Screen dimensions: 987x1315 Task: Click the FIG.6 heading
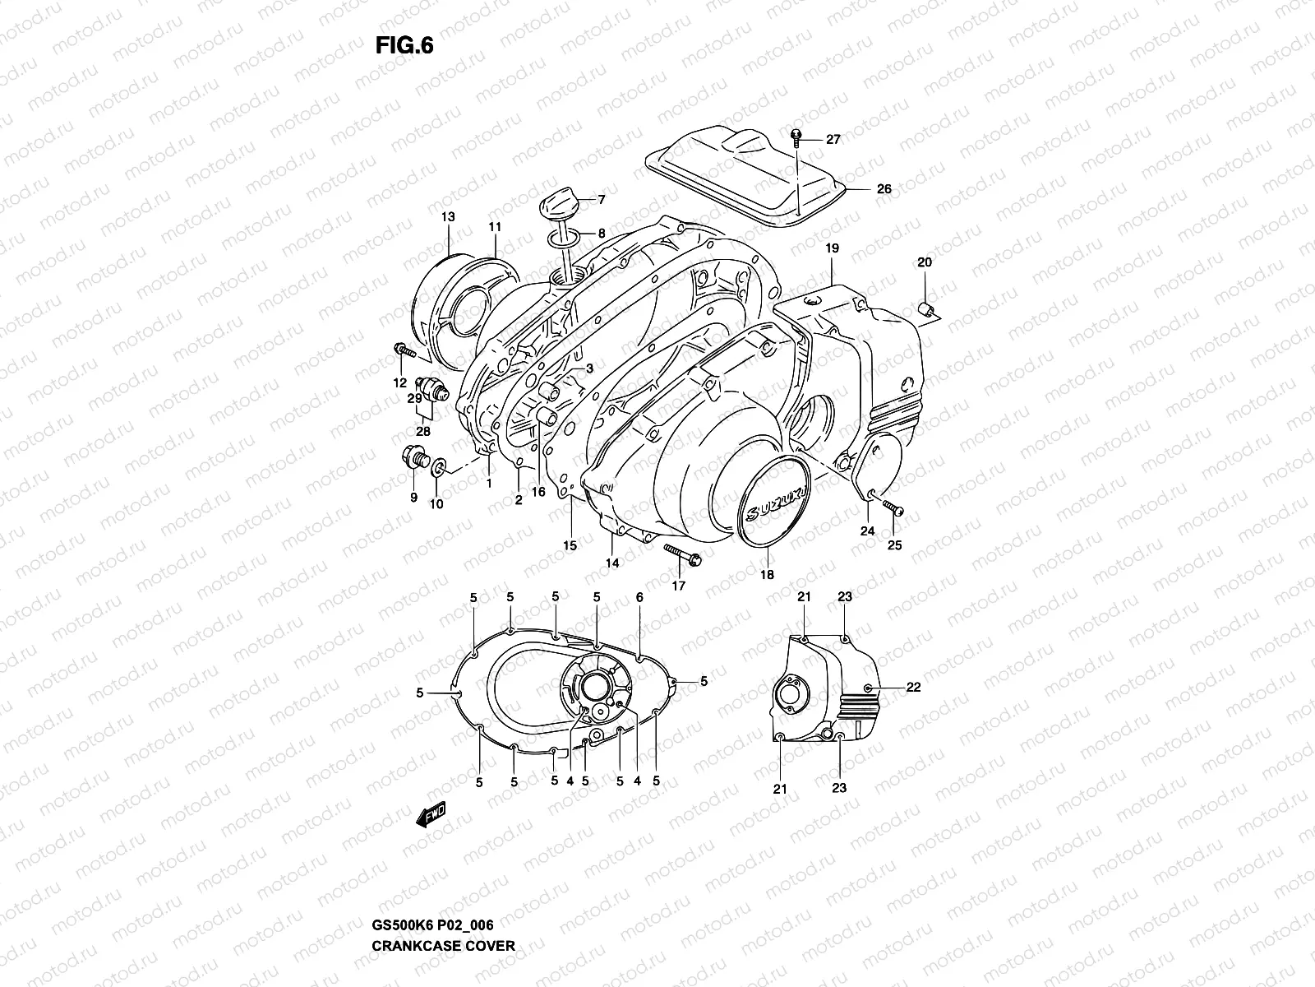[404, 46]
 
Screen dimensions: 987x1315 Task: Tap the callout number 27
[833, 140]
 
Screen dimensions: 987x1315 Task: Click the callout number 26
[883, 189]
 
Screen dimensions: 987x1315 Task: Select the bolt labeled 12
[404, 353]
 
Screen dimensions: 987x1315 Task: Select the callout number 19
[831, 248]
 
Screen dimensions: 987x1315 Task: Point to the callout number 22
[913, 688]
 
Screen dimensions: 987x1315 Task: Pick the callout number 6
[639, 597]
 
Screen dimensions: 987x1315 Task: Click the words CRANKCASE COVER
[443, 968]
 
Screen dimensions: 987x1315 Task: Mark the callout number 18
[767, 575]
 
